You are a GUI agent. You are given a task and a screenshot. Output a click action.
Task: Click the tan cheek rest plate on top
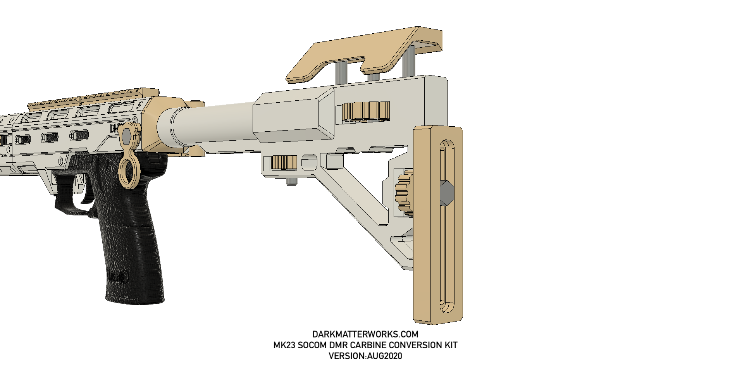point(364,54)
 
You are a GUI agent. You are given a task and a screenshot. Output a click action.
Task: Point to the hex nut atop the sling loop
point(127,136)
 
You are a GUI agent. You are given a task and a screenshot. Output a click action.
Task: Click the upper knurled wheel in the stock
point(365,112)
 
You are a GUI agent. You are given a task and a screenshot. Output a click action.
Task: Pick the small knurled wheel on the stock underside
point(283,162)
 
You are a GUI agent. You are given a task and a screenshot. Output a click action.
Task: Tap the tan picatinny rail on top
point(93,97)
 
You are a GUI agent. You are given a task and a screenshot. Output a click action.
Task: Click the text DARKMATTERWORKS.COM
point(365,334)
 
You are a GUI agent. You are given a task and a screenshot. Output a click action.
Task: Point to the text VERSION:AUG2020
point(365,356)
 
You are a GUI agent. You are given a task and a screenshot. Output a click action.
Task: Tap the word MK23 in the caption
point(284,345)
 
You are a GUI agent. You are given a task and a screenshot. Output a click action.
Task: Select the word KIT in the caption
point(451,345)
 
